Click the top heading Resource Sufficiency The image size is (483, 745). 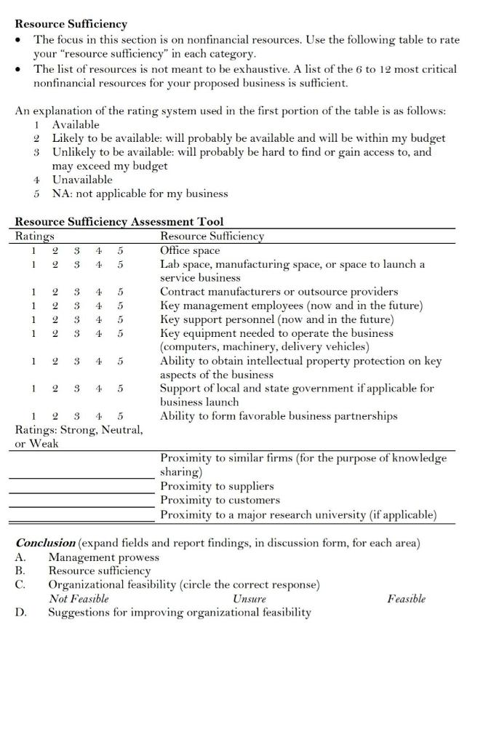71,24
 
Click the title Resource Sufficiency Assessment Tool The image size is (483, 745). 119,221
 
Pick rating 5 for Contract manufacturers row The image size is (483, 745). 120,292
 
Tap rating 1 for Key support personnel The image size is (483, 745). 33,319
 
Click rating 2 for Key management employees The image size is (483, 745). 55,306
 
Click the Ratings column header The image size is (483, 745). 34,236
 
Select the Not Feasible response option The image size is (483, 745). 79,599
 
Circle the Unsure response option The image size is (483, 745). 249,599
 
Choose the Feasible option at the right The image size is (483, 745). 406,599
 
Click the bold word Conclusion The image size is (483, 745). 45,543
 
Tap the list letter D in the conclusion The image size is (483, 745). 20,613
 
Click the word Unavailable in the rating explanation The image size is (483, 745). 82,180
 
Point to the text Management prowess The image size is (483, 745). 103,557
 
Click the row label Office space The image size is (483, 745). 189,250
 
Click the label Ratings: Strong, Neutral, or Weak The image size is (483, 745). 79,436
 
